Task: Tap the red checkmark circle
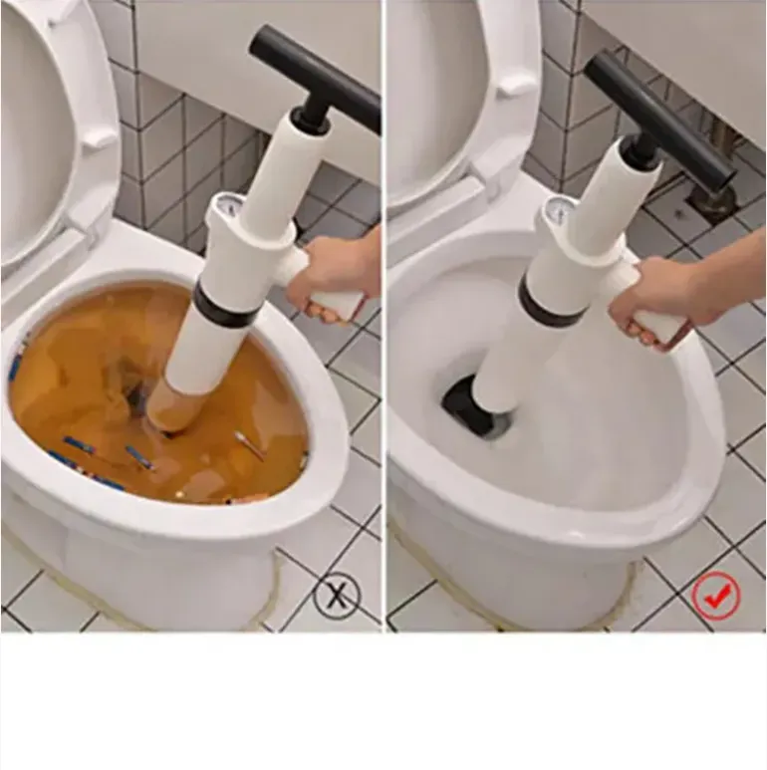pyautogui.click(x=715, y=597)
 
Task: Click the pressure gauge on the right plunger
pyautogui.click(x=558, y=211)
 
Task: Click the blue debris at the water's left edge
pyautogui.click(x=15, y=369)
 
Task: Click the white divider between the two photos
pyautogui.click(x=384, y=319)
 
